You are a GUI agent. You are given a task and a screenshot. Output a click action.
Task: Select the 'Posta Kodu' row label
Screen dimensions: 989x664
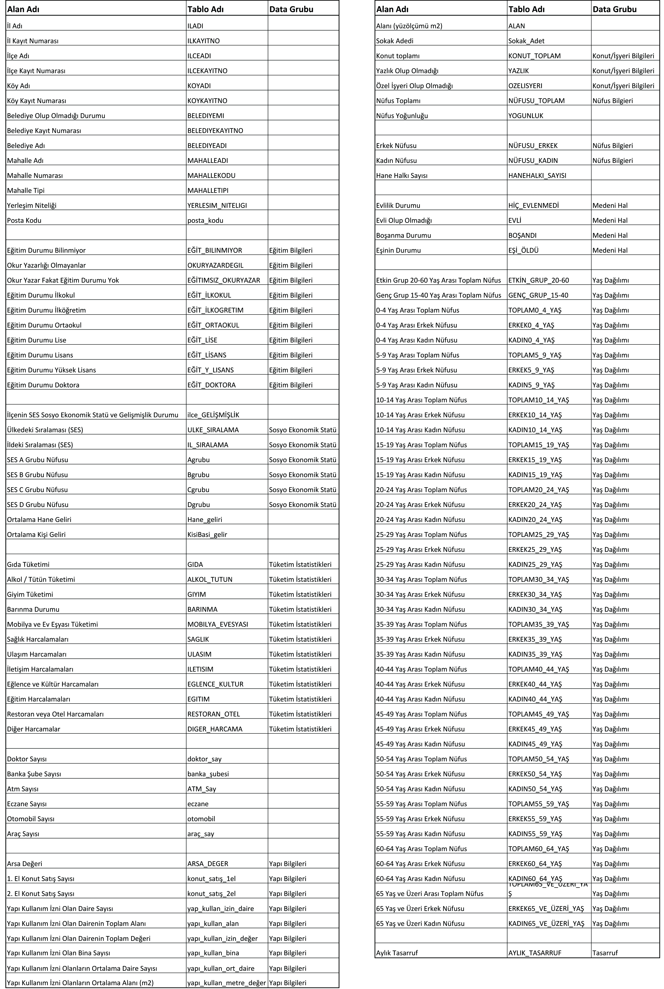(x=24, y=220)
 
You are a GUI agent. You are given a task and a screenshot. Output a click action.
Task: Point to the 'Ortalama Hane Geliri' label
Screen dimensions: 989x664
(x=39, y=519)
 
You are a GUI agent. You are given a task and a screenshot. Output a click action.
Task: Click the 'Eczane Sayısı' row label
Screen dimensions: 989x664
(x=27, y=803)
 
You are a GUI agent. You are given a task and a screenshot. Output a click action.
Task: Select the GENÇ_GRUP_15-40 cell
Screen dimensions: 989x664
(x=538, y=295)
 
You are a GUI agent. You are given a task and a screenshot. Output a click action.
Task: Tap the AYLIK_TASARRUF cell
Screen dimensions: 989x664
(x=535, y=953)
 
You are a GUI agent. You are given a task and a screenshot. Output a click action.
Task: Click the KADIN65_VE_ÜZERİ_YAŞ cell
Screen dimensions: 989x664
(x=546, y=923)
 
